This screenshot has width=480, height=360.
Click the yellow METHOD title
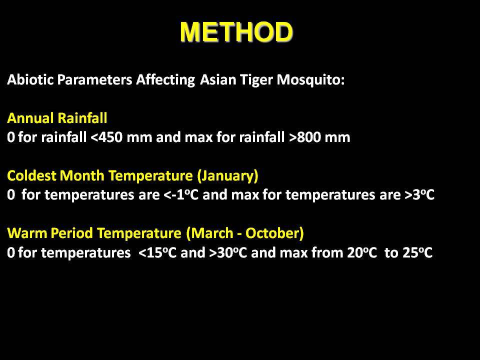click(x=236, y=31)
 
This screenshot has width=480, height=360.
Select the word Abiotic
click(x=30, y=79)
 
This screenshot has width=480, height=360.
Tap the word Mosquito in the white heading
click(x=310, y=80)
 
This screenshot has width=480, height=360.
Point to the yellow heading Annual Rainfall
click(x=57, y=118)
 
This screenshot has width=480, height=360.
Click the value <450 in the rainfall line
click(x=106, y=137)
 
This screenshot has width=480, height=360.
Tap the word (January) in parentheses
click(x=227, y=175)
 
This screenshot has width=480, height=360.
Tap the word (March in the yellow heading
click(x=209, y=233)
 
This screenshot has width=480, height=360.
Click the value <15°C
click(x=157, y=253)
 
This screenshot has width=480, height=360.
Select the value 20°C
click(x=362, y=253)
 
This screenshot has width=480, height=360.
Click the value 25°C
click(x=417, y=253)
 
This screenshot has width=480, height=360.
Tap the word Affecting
click(x=165, y=80)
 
